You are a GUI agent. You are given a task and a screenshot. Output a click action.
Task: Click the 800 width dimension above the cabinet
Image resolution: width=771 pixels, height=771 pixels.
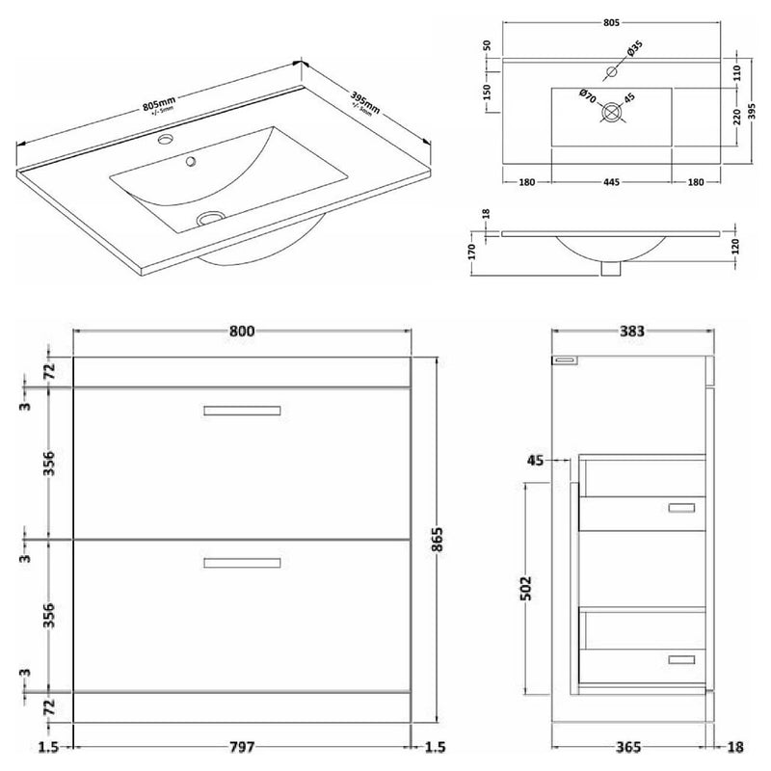click(x=242, y=331)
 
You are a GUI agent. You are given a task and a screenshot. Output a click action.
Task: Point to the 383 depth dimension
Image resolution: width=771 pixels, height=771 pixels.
click(x=630, y=331)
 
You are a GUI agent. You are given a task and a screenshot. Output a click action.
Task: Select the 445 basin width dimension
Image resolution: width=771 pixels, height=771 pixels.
click(x=610, y=180)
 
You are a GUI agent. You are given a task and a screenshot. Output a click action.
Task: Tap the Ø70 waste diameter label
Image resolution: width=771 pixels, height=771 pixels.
click(x=587, y=94)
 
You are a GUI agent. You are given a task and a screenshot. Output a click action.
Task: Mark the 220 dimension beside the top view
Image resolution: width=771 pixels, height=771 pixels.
click(x=737, y=117)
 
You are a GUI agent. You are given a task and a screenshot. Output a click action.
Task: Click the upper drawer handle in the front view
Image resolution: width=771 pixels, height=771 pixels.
click(x=242, y=411)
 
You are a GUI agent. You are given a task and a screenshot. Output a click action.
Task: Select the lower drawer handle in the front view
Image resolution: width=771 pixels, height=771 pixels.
click(x=242, y=563)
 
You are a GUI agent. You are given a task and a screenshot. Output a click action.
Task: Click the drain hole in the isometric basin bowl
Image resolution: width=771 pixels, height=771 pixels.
click(x=208, y=219)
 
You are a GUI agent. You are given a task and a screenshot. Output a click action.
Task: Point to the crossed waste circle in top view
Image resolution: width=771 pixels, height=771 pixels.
click(x=611, y=114)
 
